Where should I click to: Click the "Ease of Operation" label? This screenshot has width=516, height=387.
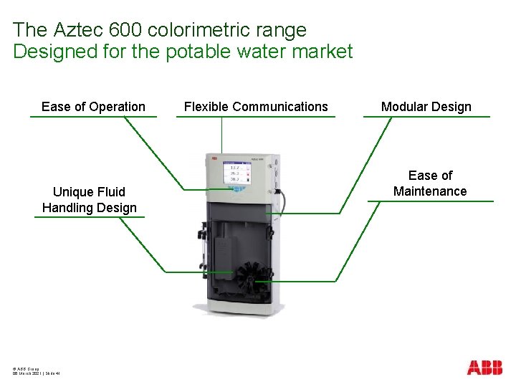point(93,107)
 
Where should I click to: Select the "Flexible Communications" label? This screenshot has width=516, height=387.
point(256,107)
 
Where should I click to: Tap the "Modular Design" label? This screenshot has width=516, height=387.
point(426,107)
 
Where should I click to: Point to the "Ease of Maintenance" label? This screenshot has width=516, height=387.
point(430,183)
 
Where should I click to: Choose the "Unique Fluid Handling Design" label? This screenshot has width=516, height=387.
point(89,200)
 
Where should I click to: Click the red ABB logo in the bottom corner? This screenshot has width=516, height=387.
point(484,368)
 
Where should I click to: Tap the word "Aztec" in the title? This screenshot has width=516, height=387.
point(75,30)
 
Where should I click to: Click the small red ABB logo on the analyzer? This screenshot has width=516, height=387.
point(214,158)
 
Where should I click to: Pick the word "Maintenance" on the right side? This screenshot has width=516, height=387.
point(430,191)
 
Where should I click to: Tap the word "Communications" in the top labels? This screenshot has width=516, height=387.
point(280,107)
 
